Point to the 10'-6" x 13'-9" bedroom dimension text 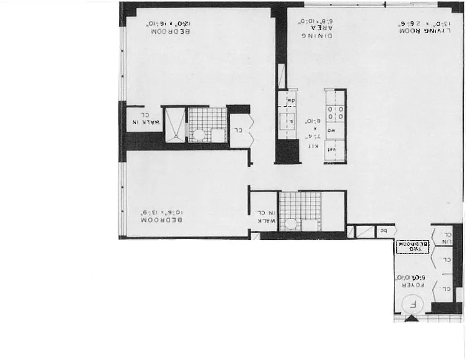(162, 211)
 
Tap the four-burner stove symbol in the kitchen (335, 112)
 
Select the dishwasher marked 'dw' (290, 100)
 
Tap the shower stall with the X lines (174, 124)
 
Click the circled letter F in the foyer (411, 304)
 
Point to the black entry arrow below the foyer (411, 319)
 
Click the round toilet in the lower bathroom (291, 224)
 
